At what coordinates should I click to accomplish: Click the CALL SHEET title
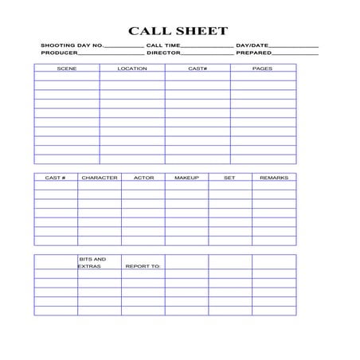[x=178, y=31]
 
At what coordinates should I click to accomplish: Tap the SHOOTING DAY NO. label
[x=72, y=46]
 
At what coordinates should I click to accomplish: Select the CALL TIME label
[x=163, y=46]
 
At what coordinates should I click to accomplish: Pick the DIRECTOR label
[x=163, y=53]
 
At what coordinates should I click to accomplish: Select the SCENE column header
[x=67, y=69]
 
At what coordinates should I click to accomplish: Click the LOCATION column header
[x=132, y=69]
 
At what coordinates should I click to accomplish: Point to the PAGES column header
[x=262, y=69]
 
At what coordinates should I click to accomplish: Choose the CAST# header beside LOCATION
[x=198, y=69]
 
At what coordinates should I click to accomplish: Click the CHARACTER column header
[x=100, y=178]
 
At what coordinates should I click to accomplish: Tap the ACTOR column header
[x=143, y=178]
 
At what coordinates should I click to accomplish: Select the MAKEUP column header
[x=186, y=178]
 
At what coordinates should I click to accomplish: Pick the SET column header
[x=229, y=178]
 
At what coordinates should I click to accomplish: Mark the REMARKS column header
[x=274, y=178]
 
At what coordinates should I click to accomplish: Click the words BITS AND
[x=92, y=259]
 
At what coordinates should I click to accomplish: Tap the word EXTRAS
[x=89, y=266]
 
